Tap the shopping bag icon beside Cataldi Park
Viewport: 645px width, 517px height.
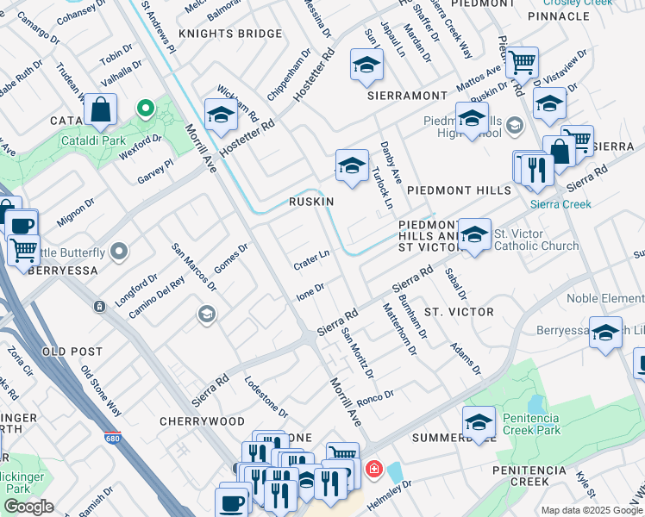101,110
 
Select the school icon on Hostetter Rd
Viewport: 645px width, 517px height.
221,115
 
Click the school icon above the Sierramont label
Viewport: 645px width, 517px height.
366,65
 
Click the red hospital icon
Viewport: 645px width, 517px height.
373,470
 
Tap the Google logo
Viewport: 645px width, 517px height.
28,507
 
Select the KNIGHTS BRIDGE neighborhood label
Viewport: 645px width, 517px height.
229,34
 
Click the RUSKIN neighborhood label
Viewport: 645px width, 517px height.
311,201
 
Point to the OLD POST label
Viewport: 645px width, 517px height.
72,352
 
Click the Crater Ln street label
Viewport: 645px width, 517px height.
312,258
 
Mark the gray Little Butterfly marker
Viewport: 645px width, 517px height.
119,252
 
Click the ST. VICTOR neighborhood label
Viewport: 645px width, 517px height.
459,311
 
